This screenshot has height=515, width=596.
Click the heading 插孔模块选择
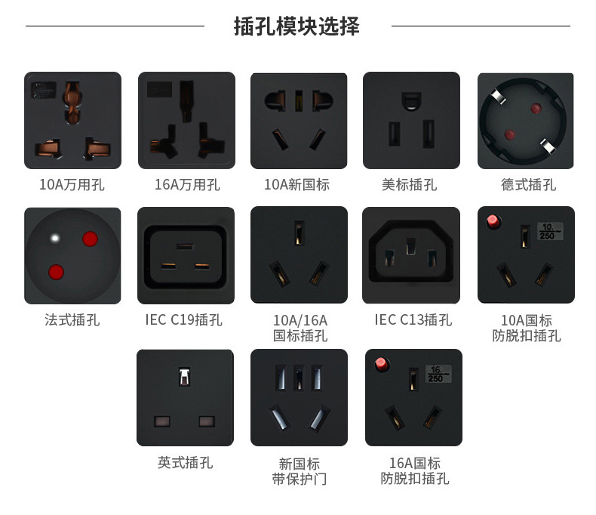pos(296,26)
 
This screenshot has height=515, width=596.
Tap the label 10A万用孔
pos(72,184)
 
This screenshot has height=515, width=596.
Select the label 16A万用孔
pos(187,184)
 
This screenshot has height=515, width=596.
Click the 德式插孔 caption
pos(528,184)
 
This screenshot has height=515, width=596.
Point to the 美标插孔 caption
pos(410,184)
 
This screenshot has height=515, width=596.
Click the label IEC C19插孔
pos(183,320)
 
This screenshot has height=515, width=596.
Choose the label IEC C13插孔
pos(413,320)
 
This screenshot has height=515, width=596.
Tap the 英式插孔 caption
pos(185,462)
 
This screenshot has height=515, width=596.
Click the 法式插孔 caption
pos(72,320)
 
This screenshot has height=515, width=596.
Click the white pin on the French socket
pos(55,239)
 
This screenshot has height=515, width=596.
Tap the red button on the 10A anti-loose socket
pos(493,221)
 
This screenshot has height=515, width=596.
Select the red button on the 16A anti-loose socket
pos(381,364)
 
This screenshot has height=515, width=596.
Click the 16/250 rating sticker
pos(438,374)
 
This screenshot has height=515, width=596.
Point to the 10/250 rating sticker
pos(550,231)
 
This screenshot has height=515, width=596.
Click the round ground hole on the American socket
pos(411,100)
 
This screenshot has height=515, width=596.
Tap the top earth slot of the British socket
pos(185,377)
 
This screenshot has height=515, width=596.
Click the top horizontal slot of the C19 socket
pos(185,246)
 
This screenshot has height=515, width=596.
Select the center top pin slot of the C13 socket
pos(410,246)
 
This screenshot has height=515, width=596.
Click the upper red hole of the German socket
pos(536,109)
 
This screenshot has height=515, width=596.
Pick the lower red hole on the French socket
pos(57,273)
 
